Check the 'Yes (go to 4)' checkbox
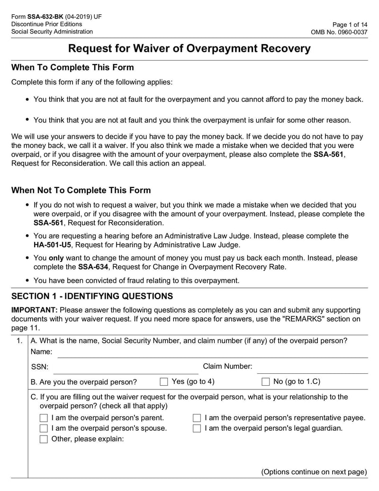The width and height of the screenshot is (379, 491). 164,382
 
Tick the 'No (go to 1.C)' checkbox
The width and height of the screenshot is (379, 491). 266,382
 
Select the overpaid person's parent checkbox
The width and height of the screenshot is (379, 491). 44,418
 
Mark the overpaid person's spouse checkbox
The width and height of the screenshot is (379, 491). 44,428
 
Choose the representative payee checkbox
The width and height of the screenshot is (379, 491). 197,418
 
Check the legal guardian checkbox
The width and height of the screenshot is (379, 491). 197,428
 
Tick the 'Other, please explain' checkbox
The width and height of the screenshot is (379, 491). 44,439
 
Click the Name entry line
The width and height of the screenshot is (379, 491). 212,353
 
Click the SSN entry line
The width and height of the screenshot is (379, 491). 125,368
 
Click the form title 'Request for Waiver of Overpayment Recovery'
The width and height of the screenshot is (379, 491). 189,49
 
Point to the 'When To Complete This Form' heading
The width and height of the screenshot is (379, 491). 72,67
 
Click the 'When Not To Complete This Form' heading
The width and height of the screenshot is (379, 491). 81,191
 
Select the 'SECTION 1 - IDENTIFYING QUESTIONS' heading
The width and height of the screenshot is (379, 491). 92,296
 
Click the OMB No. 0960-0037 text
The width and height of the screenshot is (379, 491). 339,32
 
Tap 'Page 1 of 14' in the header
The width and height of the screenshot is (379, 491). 350,24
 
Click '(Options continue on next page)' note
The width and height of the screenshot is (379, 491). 314,472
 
